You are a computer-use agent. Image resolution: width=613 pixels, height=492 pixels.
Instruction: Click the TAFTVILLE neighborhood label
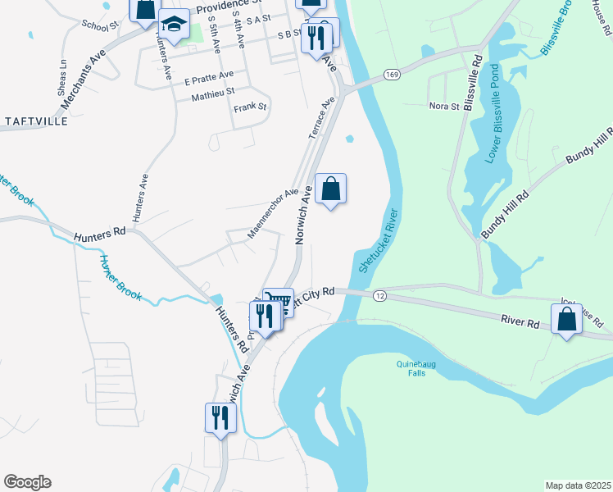tap(37, 121)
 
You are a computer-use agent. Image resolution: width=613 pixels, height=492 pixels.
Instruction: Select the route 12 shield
tap(379, 294)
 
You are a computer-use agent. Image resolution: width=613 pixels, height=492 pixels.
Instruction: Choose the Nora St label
tap(444, 106)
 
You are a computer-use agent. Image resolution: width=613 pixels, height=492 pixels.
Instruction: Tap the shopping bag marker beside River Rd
tap(566, 318)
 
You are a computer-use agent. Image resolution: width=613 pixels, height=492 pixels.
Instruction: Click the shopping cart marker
tap(279, 303)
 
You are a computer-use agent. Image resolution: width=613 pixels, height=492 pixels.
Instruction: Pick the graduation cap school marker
tap(174, 25)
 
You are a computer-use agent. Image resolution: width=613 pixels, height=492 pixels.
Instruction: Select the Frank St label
tap(250, 107)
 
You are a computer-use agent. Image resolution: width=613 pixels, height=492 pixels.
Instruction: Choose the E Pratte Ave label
tap(209, 80)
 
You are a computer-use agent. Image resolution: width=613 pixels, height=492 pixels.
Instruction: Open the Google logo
tap(27, 482)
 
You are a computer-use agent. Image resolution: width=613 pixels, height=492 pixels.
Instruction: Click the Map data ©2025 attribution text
tap(578, 485)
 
